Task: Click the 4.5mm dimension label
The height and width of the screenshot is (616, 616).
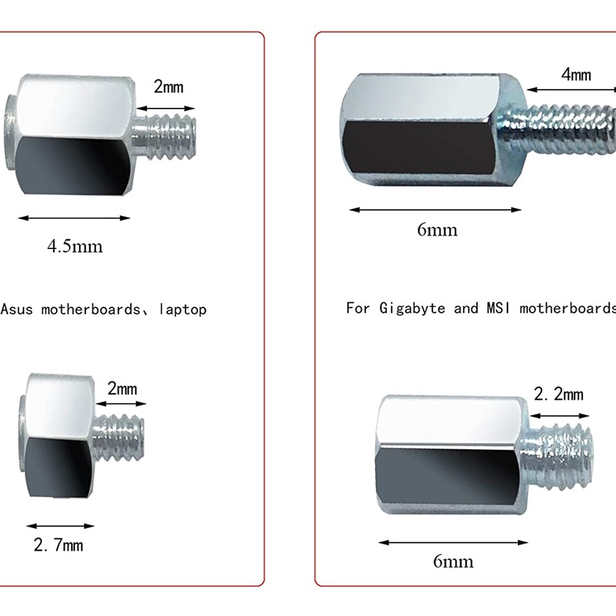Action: [74, 246]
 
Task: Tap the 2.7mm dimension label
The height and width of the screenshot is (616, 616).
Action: [58, 545]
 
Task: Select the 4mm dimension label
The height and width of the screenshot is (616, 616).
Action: [576, 74]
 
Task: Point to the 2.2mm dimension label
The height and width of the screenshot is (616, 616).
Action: [558, 395]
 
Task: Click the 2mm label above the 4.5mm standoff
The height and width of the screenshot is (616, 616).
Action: [168, 87]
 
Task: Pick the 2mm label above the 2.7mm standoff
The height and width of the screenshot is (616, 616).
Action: [122, 389]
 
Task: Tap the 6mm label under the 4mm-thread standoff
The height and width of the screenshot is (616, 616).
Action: [437, 230]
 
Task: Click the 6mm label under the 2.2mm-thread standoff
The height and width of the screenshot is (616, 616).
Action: [453, 561]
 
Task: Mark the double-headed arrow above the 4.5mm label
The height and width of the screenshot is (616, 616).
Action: [74, 218]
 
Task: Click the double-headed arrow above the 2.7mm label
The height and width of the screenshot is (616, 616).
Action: [60, 526]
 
